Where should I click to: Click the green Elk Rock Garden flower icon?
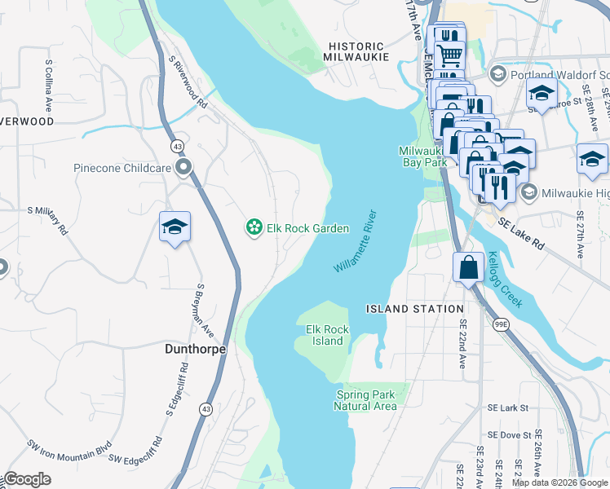pyautogui.click(x=254, y=228)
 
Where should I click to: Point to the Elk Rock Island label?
pyautogui.click(x=327, y=335)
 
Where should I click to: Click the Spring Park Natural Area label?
pyautogui.click(x=366, y=400)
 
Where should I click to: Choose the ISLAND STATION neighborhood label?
pyautogui.click(x=414, y=309)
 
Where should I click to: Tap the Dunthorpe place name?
pyautogui.click(x=190, y=348)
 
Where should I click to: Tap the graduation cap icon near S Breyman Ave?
pyautogui.click(x=175, y=227)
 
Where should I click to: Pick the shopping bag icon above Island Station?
pyautogui.click(x=469, y=267)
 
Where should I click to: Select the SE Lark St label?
pyautogui.click(x=507, y=407)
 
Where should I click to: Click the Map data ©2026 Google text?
pyautogui.click(x=559, y=482)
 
